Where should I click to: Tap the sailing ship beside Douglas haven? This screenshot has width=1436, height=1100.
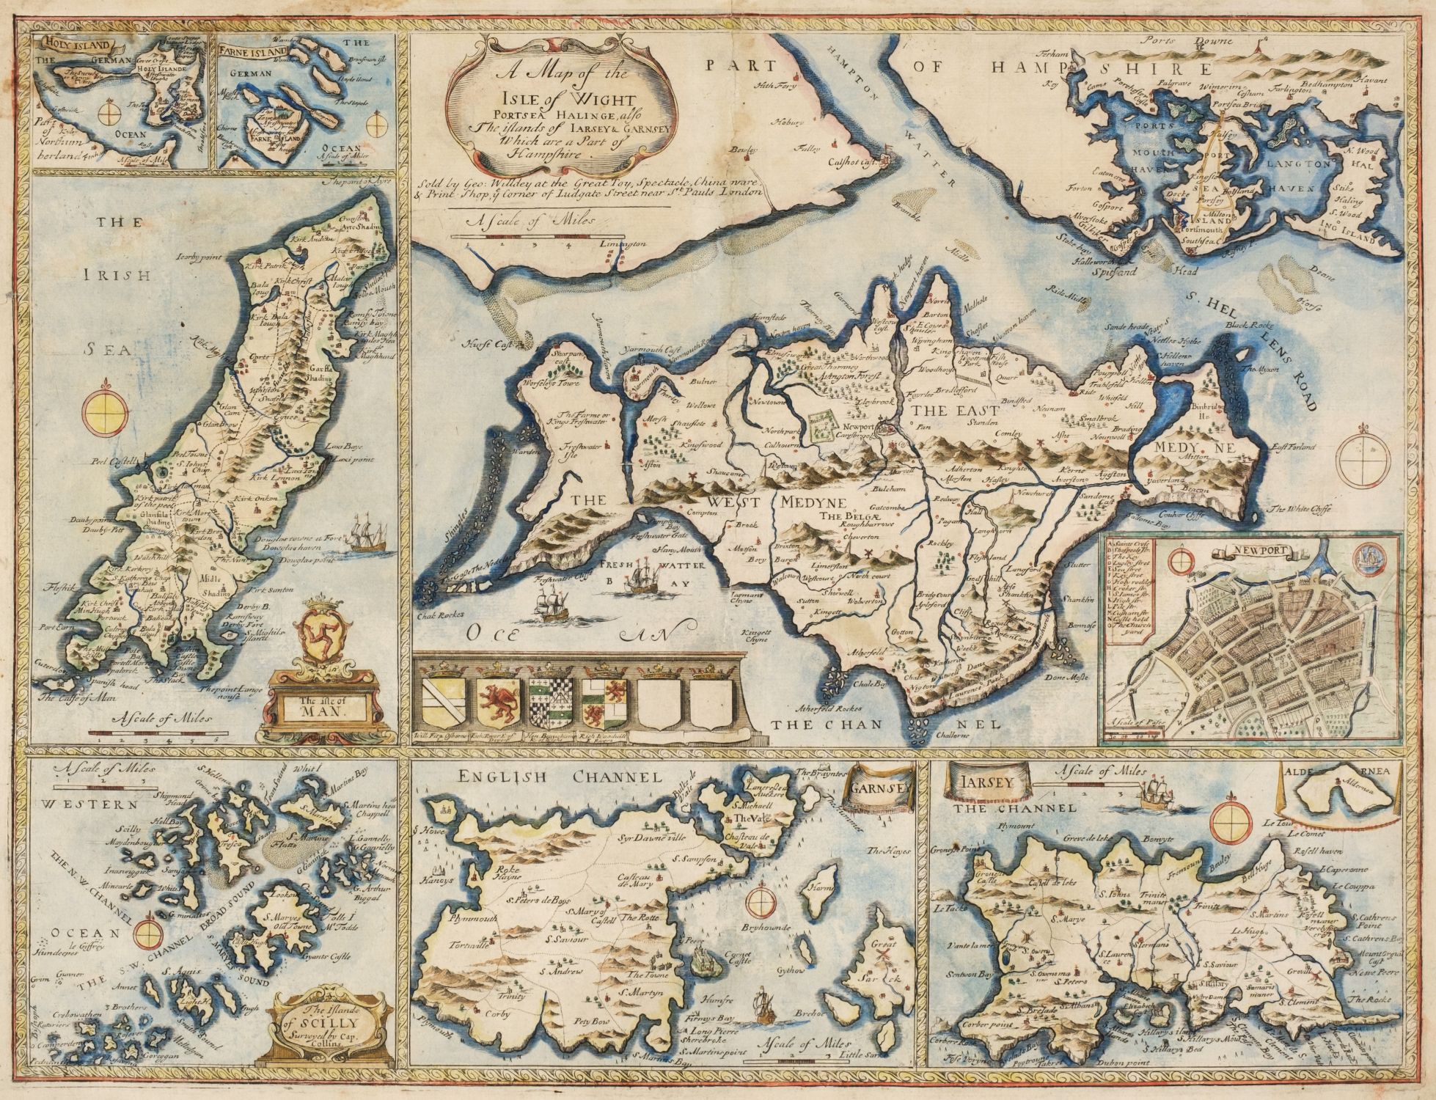[368, 540]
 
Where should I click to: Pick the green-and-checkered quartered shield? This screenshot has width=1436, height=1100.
[552, 699]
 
